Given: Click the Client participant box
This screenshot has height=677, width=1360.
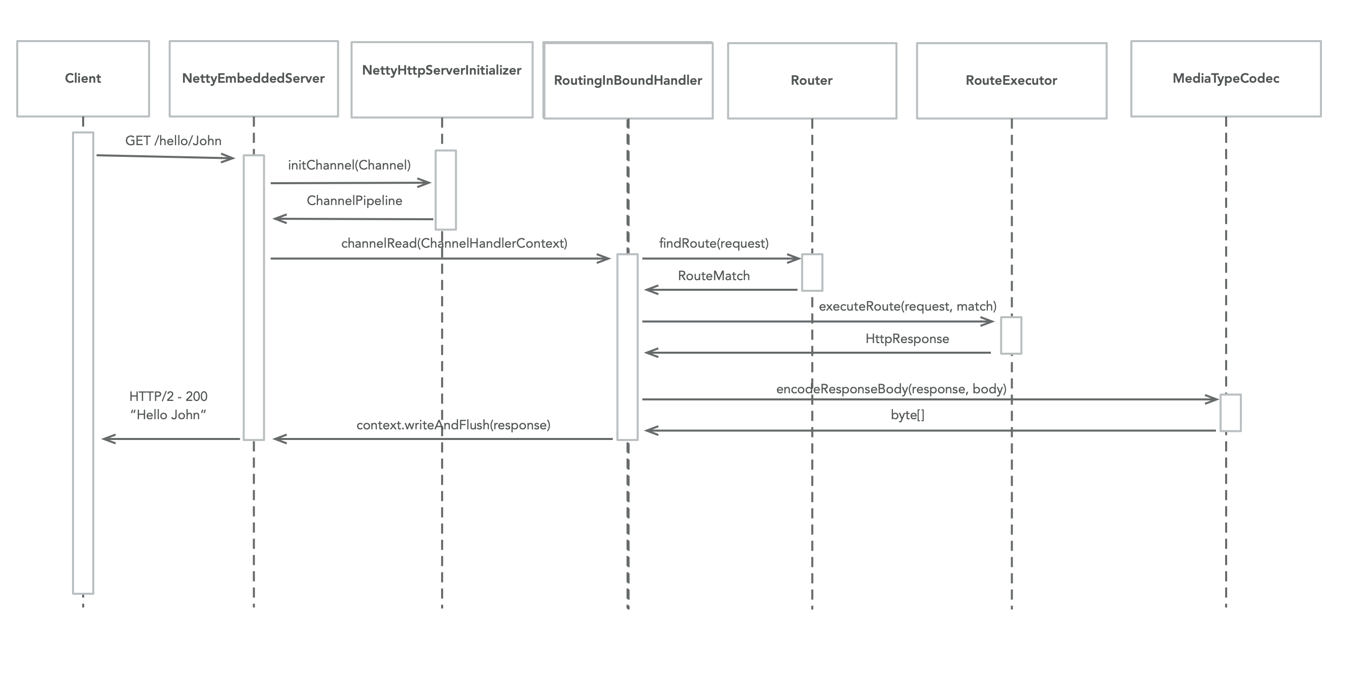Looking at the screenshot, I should click(x=83, y=78).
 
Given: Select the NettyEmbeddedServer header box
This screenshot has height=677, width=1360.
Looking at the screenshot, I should click(x=254, y=78).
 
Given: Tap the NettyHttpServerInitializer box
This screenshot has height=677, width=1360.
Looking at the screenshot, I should click(x=442, y=79).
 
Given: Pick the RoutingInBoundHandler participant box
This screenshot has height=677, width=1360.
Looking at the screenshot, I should click(x=628, y=80).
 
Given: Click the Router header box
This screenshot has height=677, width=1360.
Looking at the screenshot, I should click(x=811, y=80).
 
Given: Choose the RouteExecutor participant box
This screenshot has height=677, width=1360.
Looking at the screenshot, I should click(x=1011, y=80).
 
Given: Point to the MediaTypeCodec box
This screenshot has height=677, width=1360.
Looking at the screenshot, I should click(x=1226, y=78).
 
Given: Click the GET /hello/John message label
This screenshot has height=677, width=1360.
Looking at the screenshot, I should click(x=173, y=141).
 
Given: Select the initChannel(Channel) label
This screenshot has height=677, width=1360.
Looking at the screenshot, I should click(x=349, y=165).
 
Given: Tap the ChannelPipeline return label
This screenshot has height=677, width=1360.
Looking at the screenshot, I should click(x=354, y=201).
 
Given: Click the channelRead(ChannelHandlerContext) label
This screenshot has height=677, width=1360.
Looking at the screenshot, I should click(x=454, y=243).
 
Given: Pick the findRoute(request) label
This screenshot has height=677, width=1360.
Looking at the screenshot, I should click(x=714, y=243).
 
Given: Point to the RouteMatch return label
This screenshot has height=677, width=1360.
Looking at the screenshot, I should click(x=713, y=276).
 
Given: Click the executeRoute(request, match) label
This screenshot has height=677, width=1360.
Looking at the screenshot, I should click(x=907, y=307).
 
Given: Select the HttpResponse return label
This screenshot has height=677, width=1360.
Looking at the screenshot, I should click(x=907, y=339).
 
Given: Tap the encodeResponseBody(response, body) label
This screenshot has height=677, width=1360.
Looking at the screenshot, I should click(x=890, y=389).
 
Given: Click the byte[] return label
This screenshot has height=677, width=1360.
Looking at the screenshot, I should click(x=907, y=415).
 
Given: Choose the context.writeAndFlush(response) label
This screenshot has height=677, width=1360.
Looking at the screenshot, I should click(x=453, y=425).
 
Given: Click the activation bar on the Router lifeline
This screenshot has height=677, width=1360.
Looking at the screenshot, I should click(x=812, y=272).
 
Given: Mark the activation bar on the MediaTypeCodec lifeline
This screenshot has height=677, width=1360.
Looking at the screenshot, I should click(x=1230, y=413).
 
